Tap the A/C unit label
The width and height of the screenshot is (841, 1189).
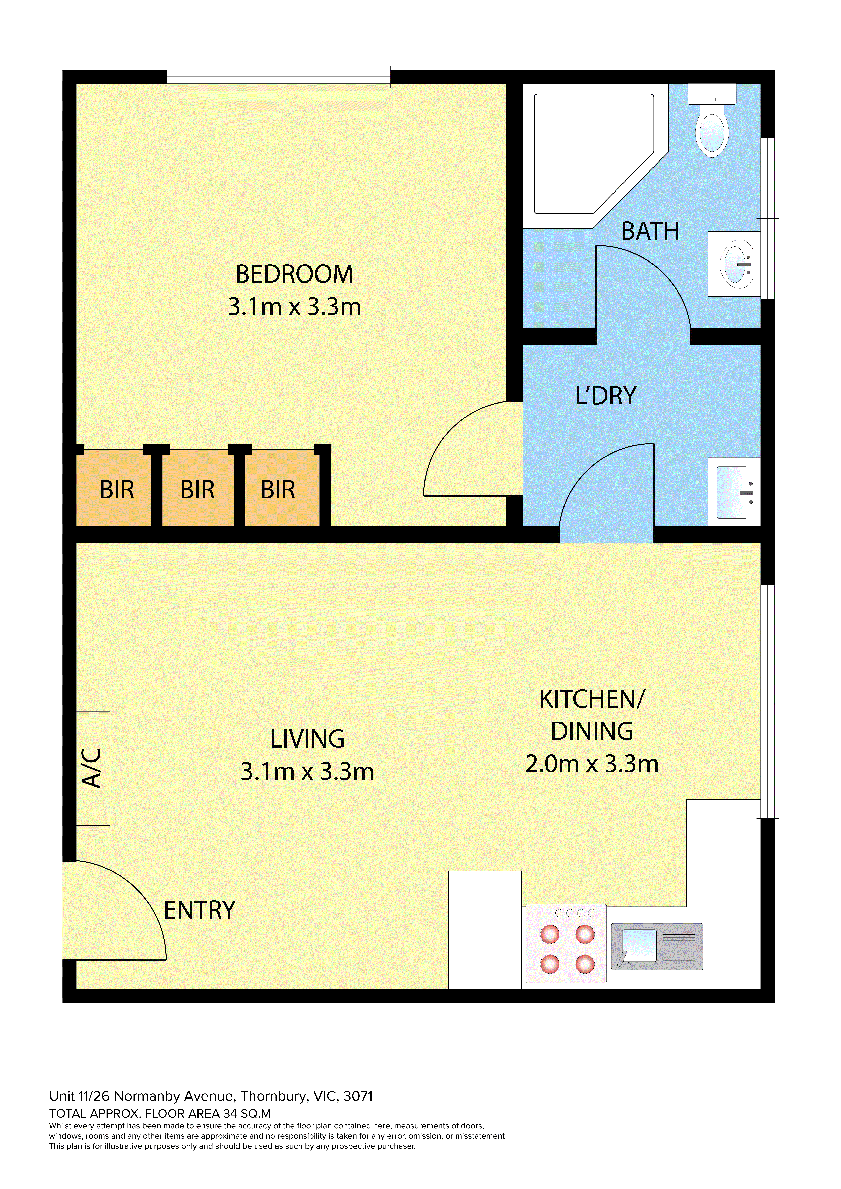click(92, 768)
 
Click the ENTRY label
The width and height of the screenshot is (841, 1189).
click(200, 910)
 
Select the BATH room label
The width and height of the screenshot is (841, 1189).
click(650, 231)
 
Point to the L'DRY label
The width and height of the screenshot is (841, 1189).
click(606, 396)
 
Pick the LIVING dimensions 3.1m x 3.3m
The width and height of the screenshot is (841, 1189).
click(307, 772)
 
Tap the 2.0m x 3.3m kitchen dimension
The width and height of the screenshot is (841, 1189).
click(592, 764)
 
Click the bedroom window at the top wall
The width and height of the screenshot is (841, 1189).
click(279, 76)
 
